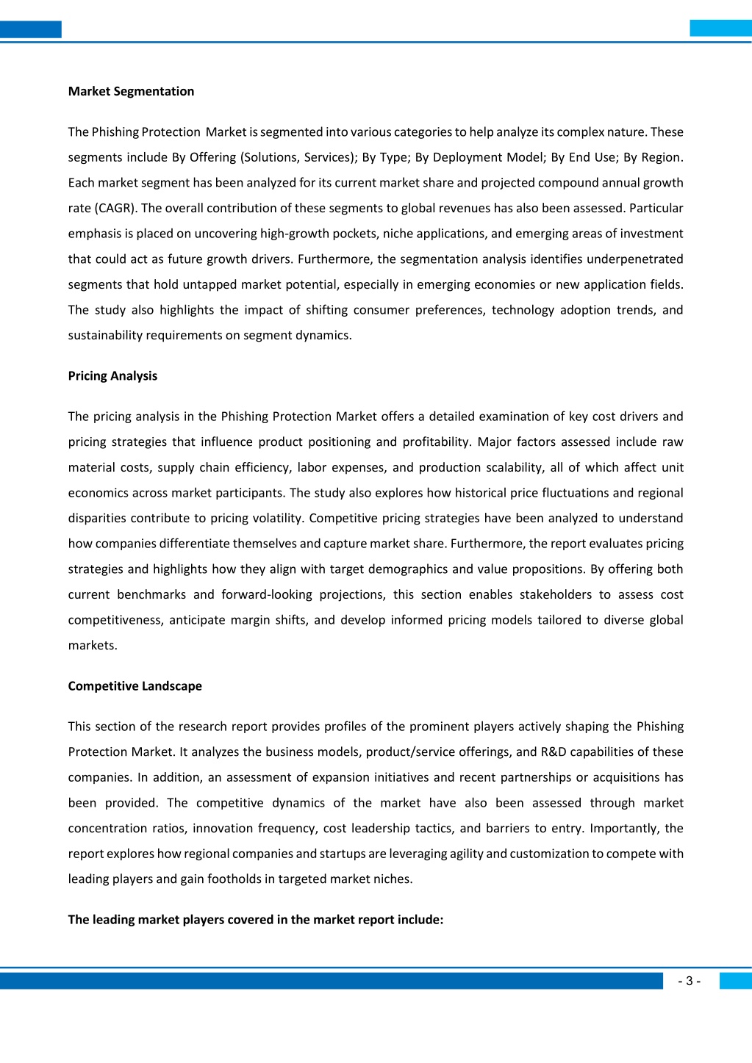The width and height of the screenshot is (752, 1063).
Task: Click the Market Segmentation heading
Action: [x=131, y=91]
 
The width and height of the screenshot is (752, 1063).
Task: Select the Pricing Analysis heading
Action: [x=112, y=375]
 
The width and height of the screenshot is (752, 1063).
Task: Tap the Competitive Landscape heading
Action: [x=135, y=685]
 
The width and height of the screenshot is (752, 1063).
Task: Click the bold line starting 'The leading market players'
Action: [x=255, y=919]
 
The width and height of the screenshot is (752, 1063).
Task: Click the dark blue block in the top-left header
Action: [x=30, y=29]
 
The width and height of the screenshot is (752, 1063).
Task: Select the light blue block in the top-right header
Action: [x=720, y=29]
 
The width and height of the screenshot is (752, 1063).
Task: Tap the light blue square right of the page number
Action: [x=735, y=981]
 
